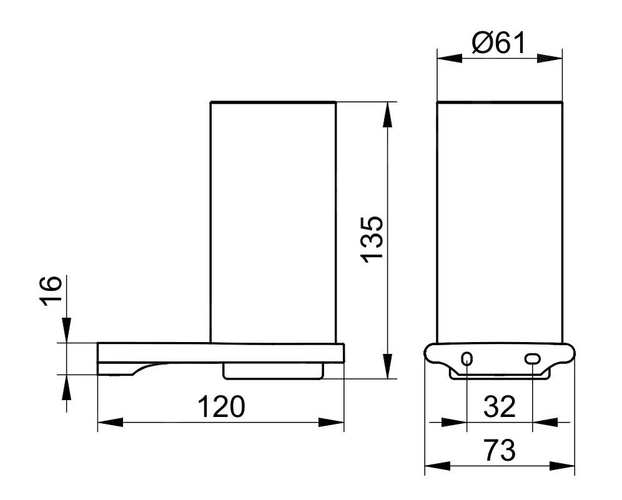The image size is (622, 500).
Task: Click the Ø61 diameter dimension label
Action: coord(499,43)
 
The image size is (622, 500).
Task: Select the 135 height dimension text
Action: coord(372,240)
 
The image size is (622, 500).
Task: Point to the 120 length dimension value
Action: coord(221,407)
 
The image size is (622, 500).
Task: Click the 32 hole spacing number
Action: coord(500,407)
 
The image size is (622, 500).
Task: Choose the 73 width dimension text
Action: coord(499,450)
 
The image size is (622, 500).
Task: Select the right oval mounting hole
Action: coord(532,358)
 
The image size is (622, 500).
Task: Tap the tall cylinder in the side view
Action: coord(273,222)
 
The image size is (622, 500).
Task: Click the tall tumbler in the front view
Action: coord(500,222)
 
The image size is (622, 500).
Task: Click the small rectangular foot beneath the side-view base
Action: coord(273,373)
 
